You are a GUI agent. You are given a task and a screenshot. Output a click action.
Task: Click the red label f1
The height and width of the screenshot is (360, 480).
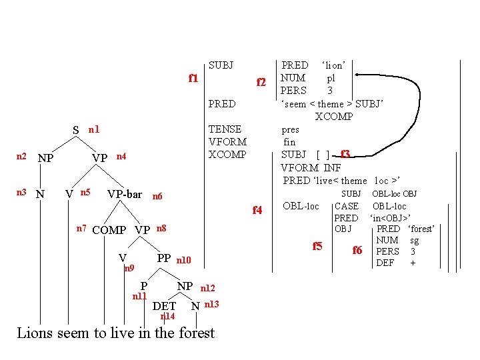(193, 78)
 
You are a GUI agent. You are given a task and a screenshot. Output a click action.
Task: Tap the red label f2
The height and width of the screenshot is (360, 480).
(262, 83)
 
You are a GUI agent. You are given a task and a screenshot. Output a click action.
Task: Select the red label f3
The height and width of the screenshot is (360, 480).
(345, 154)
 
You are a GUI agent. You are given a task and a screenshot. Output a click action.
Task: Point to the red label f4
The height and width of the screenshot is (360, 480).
(257, 210)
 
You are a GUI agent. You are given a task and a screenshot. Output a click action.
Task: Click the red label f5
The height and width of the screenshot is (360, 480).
(318, 246)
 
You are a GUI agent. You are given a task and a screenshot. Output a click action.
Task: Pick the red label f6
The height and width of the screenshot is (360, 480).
(357, 250)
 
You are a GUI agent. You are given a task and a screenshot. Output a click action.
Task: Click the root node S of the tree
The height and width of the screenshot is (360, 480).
(76, 130)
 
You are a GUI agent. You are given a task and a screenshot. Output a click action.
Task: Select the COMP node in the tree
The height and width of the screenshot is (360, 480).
(109, 231)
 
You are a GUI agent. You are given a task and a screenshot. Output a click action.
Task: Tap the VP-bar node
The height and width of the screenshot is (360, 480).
(125, 194)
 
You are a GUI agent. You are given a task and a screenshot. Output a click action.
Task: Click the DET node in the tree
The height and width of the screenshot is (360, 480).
(165, 306)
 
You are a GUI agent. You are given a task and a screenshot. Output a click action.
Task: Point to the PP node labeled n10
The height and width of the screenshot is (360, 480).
(164, 258)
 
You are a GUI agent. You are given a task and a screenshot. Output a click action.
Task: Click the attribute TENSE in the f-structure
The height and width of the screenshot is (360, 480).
(225, 129)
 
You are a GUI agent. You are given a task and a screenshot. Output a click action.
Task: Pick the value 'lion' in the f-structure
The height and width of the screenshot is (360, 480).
(333, 65)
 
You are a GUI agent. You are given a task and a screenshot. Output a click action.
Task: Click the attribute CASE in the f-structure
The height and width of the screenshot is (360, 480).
(346, 207)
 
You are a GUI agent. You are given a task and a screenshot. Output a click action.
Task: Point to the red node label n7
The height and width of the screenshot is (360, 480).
(81, 228)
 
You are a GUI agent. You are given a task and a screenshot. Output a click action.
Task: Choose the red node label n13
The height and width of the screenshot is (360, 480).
(212, 304)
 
